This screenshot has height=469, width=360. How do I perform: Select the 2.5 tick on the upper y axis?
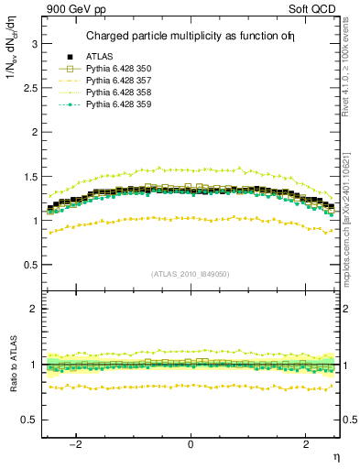(30, 88)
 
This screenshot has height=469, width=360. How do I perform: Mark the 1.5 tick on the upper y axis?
(30, 176)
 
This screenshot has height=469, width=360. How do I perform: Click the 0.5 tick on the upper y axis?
(30, 265)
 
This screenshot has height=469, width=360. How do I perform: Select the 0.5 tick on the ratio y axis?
(30, 420)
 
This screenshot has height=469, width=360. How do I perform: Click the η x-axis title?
(335, 455)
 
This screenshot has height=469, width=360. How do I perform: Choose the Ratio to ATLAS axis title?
(10, 366)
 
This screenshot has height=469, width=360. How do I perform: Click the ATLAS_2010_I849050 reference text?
(191, 274)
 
